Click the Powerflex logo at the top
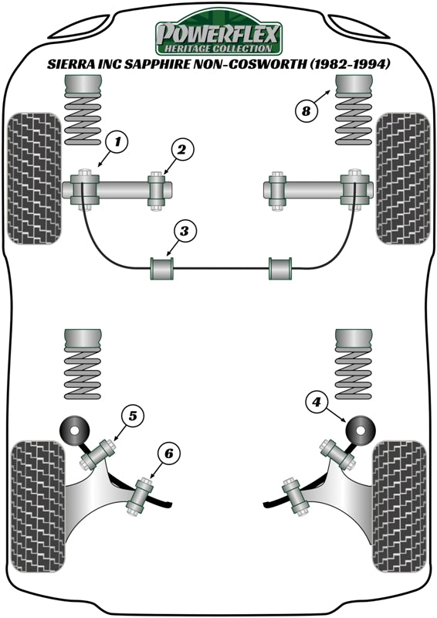tap(219, 34)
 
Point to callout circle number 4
tap(316, 402)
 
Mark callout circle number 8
tap(306, 110)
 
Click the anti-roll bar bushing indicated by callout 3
tap(162, 269)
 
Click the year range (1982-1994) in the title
tap(349, 65)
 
